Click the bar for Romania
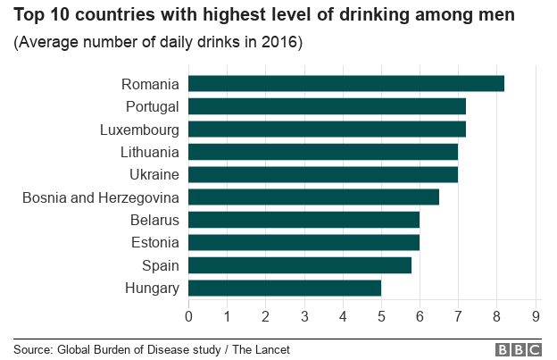point(346,84)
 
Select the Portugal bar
point(327,106)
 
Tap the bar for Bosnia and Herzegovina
point(313,197)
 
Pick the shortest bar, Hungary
point(285,288)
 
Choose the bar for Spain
point(300,265)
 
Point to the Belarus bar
point(303,220)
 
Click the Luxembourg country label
point(138,130)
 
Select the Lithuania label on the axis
point(146,152)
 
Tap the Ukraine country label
point(154,174)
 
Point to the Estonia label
point(154,242)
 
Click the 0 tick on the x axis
point(188,315)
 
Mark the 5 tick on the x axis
point(381,315)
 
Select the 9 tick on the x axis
point(536,315)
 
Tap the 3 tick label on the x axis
point(304,315)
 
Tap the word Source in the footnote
point(33,349)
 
